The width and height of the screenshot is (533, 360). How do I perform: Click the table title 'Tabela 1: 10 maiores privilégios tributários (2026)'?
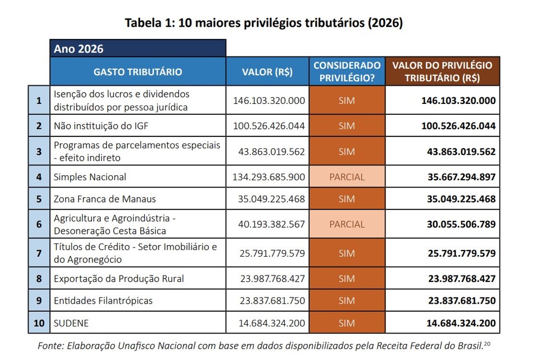(x=264, y=23)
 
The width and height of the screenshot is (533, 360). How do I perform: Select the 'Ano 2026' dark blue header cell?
(x=138, y=48)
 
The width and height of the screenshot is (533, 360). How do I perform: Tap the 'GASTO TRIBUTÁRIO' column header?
(x=138, y=71)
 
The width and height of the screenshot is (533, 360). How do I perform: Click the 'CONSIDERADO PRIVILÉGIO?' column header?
(x=347, y=71)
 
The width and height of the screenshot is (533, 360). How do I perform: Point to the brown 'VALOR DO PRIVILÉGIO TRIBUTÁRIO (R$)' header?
(x=442, y=71)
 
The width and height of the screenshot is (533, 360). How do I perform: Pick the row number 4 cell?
(x=38, y=176)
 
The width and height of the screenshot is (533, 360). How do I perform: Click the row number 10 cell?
(x=38, y=323)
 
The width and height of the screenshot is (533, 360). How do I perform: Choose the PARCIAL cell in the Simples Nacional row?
(x=347, y=176)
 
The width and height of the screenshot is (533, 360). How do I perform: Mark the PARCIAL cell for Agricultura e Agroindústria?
(x=347, y=224)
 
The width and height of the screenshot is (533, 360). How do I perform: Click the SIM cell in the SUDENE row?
(x=347, y=323)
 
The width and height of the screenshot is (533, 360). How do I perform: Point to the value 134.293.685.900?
(x=269, y=176)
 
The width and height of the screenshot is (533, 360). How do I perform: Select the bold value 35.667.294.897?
(x=461, y=176)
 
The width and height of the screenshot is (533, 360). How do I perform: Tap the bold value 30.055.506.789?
(x=461, y=224)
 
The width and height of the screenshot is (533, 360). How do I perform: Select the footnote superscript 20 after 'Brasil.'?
(x=486, y=343)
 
